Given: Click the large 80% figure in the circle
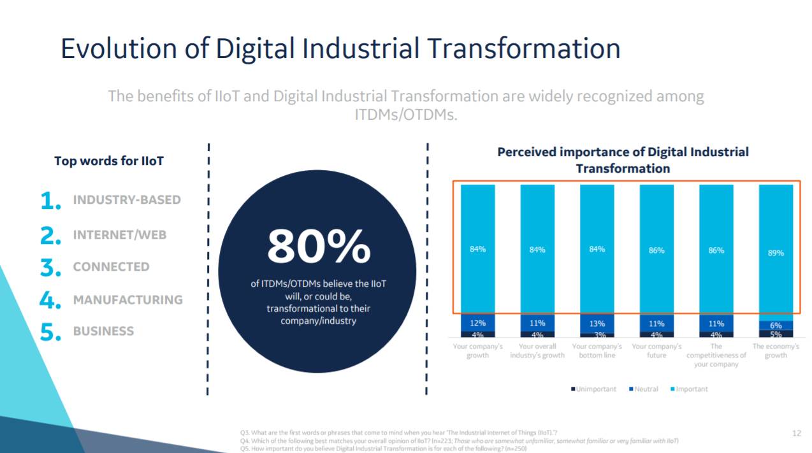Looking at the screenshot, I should [x=319, y=247].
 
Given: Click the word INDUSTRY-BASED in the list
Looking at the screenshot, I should [x=127, y=200].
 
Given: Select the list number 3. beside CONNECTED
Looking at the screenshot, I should [x=50, y=268].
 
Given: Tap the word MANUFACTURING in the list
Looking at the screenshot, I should [x=127, y=299].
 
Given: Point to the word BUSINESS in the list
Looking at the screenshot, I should [x=103, y=331].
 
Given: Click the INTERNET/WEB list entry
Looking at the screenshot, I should [x=119, y=234].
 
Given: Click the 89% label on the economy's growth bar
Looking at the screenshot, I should [x=776, y=253].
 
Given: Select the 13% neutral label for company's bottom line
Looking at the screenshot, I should [x=597, y=323].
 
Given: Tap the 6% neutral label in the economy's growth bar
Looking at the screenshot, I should [x=776, y=325].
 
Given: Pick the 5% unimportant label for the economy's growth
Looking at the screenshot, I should [x=776, y=334].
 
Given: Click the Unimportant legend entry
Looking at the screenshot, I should [x=593, y=389].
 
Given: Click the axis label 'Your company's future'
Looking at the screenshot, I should [x=656, y=351].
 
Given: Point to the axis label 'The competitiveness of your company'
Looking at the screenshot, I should [x=716, y=356].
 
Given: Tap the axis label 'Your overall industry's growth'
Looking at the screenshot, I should [x=537, y=351].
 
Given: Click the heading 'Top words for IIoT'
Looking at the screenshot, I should [x=109, y=161].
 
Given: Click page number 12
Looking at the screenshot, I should [x=796, y=433].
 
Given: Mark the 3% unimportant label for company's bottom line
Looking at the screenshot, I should [x=597, y=334].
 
